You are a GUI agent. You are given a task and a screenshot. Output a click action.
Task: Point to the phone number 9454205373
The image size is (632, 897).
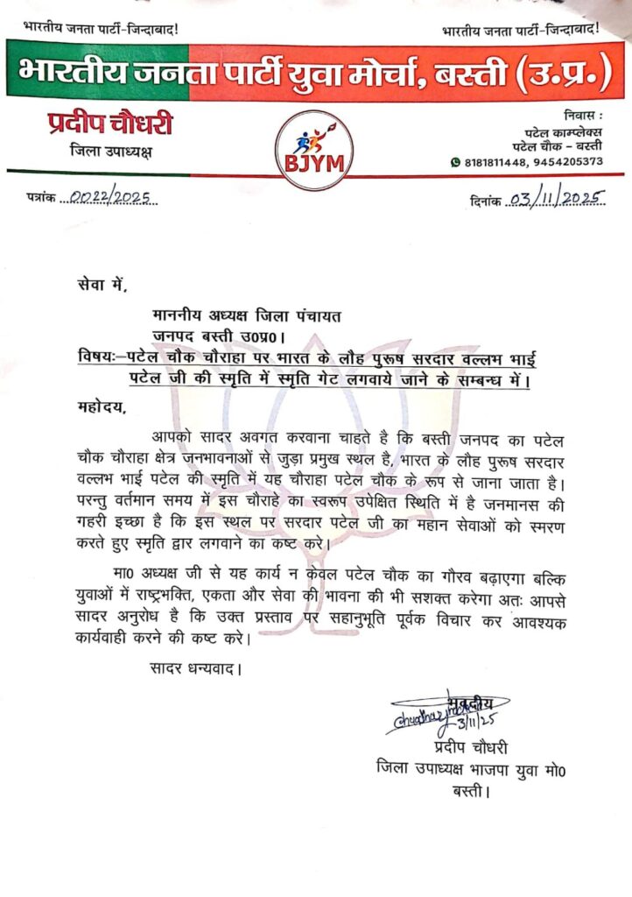coord(568,162)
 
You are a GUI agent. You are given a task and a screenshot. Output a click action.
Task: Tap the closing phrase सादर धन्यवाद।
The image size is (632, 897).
coord(193,669)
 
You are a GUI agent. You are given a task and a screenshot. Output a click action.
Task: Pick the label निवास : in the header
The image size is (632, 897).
coord(579,117)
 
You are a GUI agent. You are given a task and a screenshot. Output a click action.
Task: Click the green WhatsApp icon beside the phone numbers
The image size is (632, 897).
coord(454,162)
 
